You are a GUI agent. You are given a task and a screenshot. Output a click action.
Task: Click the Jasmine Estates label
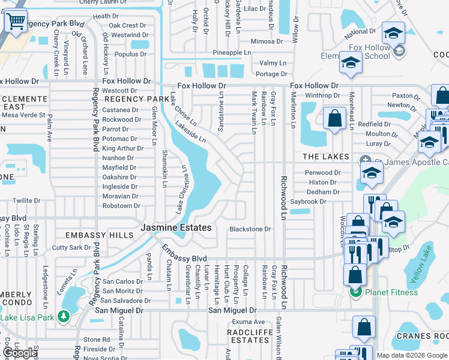[x=176, y=228]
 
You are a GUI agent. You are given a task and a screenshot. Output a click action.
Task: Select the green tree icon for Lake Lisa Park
[x=63, y=317]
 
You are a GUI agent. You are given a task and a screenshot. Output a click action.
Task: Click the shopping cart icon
[x=16, y=22]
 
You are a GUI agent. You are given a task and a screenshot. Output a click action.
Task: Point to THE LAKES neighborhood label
[x=325, y=157]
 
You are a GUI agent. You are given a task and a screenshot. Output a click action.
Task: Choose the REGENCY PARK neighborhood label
[x=137, y=99]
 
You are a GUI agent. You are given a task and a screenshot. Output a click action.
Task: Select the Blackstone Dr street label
[x=250, y=229]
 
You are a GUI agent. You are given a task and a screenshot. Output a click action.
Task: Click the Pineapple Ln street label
[x=231, y=53]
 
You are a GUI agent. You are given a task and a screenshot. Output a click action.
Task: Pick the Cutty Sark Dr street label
[x=71, y=247]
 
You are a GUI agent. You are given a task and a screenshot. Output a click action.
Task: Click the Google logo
[x=20, y=353]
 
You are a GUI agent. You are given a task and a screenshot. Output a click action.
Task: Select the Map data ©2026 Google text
[x=411, y=355]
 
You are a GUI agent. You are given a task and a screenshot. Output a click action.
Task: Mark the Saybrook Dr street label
[x=308, y=202]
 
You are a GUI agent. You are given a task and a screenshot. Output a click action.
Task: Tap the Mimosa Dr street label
[x=262, y=41]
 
